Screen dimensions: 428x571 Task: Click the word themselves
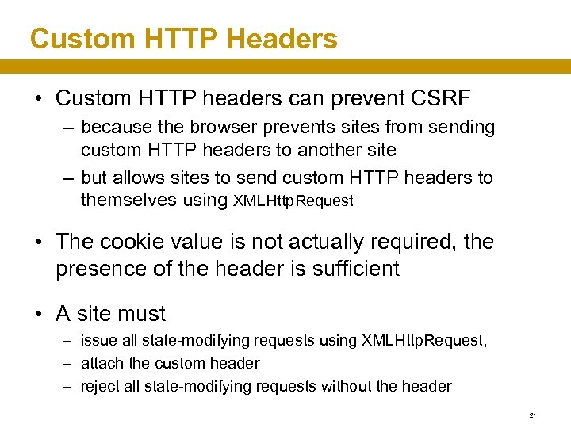pos(129,200)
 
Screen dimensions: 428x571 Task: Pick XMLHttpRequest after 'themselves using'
pos(293,201)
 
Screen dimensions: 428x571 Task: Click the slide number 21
pos(533,415)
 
